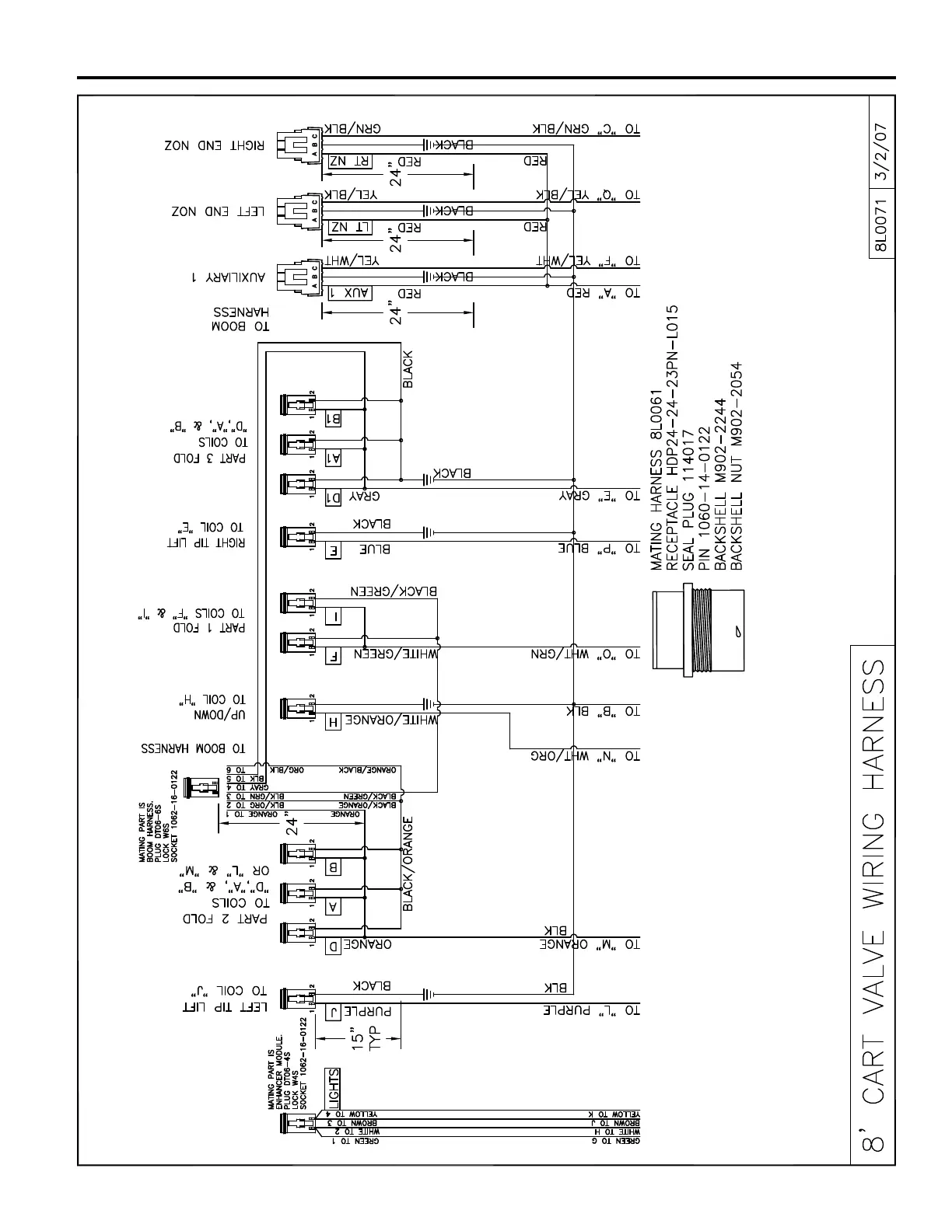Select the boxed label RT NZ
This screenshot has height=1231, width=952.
point(349,162)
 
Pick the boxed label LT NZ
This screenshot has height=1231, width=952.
point(349,228)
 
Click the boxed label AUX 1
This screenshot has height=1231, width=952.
point(349,293)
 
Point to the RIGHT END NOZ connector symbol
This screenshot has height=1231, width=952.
point(299,145)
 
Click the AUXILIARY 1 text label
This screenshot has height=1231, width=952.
point(229,276)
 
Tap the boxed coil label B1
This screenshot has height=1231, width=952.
point(333,418)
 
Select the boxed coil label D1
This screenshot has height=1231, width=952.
point(333,496)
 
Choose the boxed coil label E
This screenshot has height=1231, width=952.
point(333,551)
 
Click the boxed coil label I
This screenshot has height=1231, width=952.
point(333,616)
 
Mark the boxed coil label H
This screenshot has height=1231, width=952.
point(333,721)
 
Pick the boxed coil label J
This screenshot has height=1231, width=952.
point(333,1012)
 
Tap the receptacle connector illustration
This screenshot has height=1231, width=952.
point(696,634)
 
